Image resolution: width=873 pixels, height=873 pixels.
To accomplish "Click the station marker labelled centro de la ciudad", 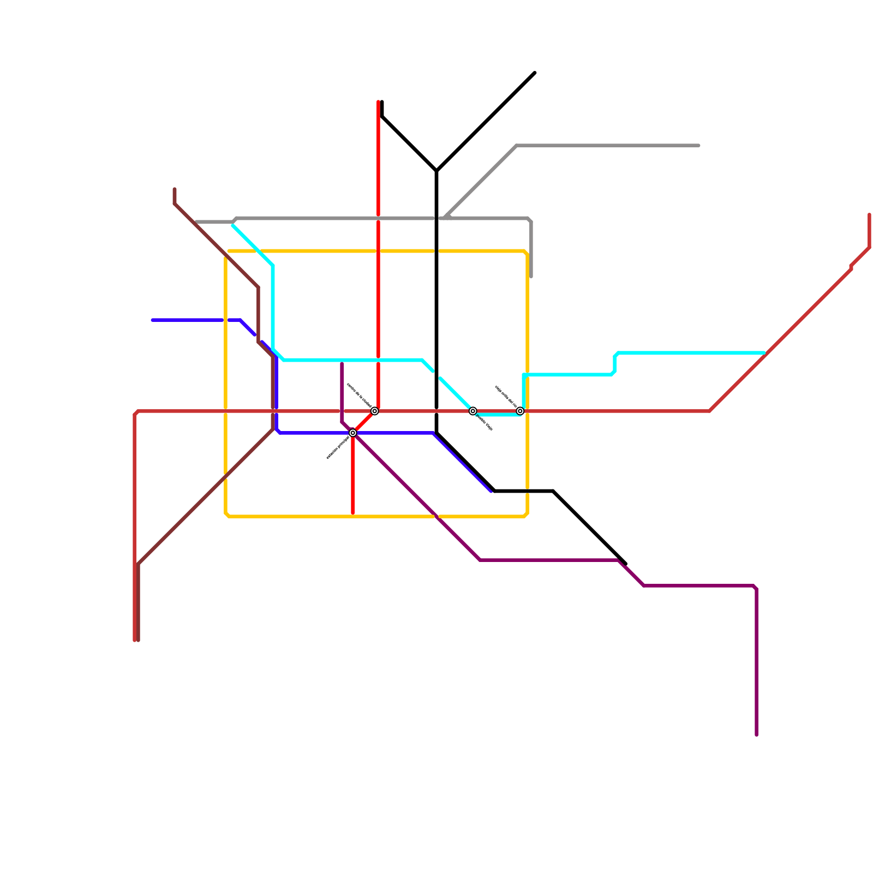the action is (x=374, y=411).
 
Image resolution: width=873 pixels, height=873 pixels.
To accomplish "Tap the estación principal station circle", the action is (x=353, y=433).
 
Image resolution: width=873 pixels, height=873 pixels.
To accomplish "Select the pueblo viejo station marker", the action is (x=473, y=411).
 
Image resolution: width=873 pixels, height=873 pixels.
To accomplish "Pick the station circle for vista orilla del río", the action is (x=520, y=411).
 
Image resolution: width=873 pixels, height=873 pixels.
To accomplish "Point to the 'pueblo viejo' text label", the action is (x=485, y=423).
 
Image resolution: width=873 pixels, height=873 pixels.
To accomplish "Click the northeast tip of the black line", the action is (x=535, y=73).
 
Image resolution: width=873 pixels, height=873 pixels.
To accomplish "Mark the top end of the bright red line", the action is (x=378, y=101).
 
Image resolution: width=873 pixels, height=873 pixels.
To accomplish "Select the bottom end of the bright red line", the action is (x=353, y=513).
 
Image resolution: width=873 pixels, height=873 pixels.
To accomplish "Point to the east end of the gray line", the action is (x=699, y=146).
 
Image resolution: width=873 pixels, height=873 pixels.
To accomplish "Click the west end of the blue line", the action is (x=152, y=320).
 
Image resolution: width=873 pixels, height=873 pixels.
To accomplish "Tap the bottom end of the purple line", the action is (x=756, y=735).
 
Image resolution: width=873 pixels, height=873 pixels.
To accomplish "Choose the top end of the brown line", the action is (x=175, y=189).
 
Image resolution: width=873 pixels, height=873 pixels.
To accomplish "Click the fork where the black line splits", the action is (x=436, y=171).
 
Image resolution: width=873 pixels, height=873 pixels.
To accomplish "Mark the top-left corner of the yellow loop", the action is (x=227, y=252).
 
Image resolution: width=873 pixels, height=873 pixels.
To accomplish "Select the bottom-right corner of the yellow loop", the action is (x=527, y=515).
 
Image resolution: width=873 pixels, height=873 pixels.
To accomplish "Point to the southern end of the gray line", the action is (x=531, y=277).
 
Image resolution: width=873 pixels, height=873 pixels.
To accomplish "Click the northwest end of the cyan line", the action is (x=233, y=225).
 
